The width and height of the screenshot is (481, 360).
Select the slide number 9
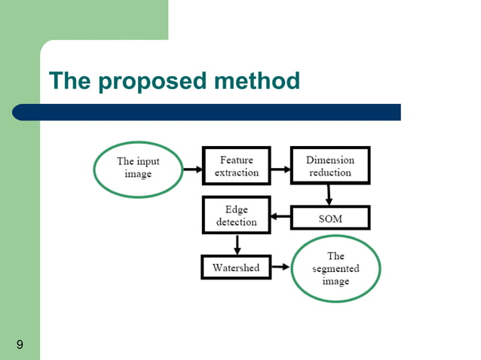pyautogui.click(x=19, y=345)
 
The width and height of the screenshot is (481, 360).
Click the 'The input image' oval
pyautogui.click(x=138, y=167)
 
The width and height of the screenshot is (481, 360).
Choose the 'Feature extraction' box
pyautogui.click(x=236, y=166)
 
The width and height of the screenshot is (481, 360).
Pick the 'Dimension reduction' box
pyautogui.click(x=330, y=166)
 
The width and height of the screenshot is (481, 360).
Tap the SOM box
pyautogui.click(x=330, y=218)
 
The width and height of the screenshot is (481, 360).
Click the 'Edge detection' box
pyautogui.click(x=236, y=215)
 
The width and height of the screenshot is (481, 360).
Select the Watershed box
pyautogui.click(x=236, y=267)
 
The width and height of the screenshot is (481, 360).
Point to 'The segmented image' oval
pyautogui.click(x=335, y=268)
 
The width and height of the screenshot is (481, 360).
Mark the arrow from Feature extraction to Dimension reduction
pyautogui.click(x=281, y=169)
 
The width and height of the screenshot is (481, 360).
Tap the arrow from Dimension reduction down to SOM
pyautogui.click(x=329, y=195)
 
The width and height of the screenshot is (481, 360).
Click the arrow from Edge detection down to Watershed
pyautogui.click(x=237, y=245)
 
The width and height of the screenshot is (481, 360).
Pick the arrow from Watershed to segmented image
pyautogui.click(x=280, y=267)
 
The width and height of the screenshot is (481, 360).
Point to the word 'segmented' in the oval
pyautogui.click(x=335, y=269)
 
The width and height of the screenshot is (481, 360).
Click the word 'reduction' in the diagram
pyautogui.click(x=330, y=172)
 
